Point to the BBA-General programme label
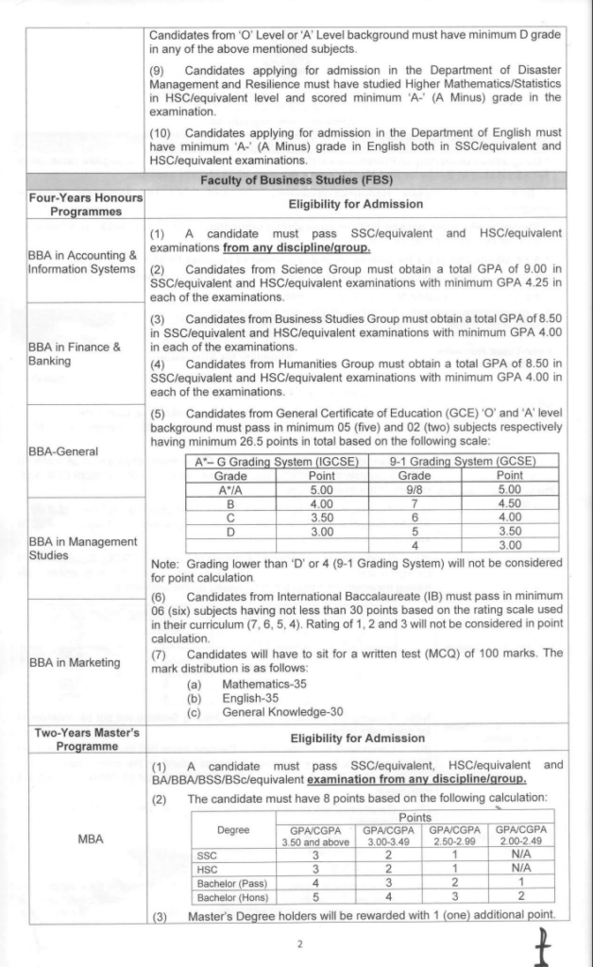point(63,451)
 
